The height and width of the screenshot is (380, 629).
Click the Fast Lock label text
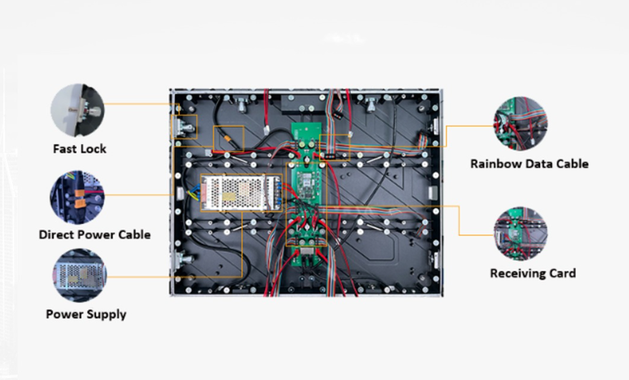click(79, 149)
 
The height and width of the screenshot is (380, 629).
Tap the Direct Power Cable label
click(94, 235)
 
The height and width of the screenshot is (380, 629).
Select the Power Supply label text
click(86, 314)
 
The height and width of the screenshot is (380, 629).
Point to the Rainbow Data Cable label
click(529, 164)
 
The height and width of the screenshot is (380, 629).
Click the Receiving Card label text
click(533, 273)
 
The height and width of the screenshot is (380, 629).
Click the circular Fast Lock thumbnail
click(77, 110)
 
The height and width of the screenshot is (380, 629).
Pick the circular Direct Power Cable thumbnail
click(77, 197)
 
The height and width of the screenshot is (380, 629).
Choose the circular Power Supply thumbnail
click(79, 276)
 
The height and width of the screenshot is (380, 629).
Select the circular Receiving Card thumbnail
click(521, 234)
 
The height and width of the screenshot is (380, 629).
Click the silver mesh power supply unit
click(241, 193)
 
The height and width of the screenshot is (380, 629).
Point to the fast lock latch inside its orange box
click(183, 127)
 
